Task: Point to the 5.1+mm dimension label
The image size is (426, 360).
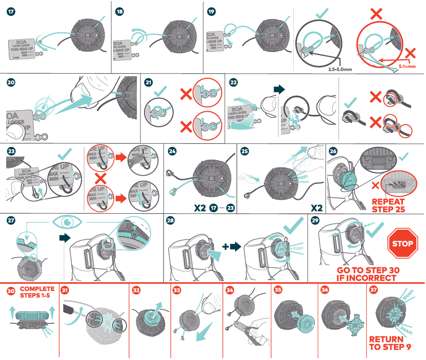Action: pyautogui.click(x=406, y=66)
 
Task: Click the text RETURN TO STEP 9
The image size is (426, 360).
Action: pyautogui.click(x=390, y=343)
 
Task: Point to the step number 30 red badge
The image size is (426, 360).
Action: pyautogui.click(x=11, y=290)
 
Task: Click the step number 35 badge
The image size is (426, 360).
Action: pyautogui.click(x=278, y=290)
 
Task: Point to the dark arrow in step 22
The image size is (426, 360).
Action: pyautogui.click(x=278, y=89)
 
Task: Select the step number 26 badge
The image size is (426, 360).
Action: pyautogui.click(x=333, y=152)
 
